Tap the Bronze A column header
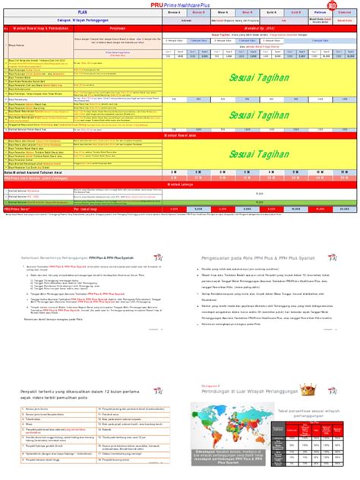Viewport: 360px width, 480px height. pyautogui.click(x=175, y=13)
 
